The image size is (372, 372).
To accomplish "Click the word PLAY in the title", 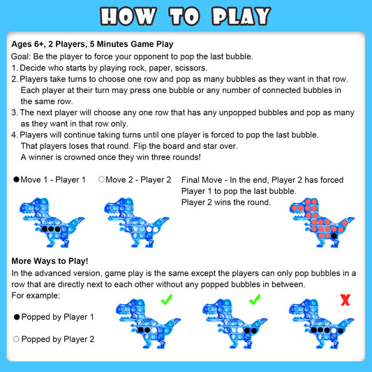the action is pos(241,16).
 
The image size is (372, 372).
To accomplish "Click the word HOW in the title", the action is pos(128,16).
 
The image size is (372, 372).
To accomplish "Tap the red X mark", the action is pos(345,300).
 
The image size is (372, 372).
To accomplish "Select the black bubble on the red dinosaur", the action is pos(334,236).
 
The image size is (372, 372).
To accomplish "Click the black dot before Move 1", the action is pos(16,179).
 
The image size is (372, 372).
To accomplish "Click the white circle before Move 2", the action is pos(101,179).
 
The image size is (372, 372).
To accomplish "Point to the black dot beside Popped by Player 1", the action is pos(17,317).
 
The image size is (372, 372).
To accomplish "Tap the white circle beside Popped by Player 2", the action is pos(16,339).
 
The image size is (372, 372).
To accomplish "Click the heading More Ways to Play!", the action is pos(50,261).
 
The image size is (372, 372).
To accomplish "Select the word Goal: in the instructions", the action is pos(21,57).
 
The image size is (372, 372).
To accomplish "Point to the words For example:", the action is pos(36,296).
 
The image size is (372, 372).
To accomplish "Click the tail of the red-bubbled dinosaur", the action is pos(347,221).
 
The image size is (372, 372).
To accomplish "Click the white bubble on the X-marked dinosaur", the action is pos(334,331).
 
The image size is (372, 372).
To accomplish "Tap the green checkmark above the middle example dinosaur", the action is pos(255,299).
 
